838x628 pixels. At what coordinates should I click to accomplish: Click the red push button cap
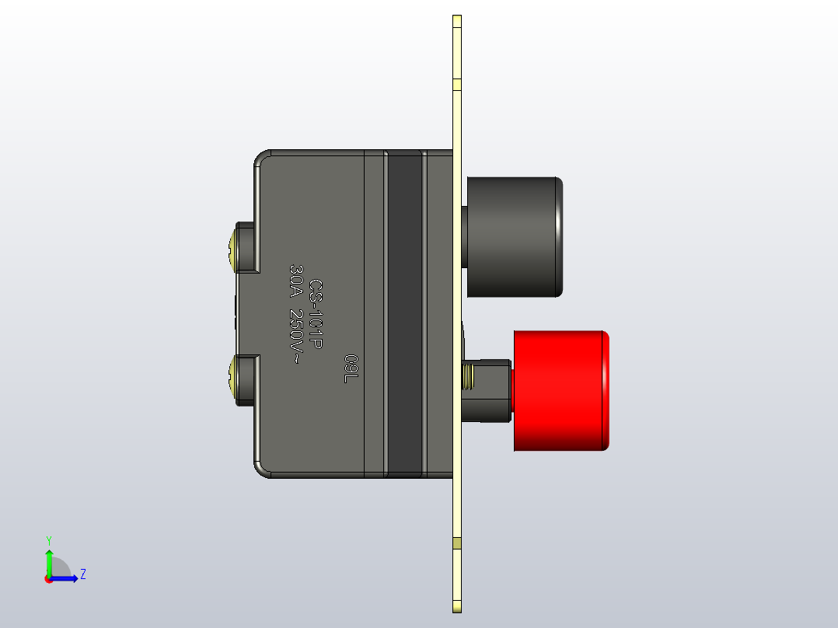pyautogui.click(x=560, y=390)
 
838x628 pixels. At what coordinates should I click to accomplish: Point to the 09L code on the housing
pyautogui.click(x=351, y=368)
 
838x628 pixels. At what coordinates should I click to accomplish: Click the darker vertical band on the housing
pyautogui.click(x=403, y=311)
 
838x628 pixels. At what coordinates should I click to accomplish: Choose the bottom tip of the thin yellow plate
pyautogui.click(x=457, y=608)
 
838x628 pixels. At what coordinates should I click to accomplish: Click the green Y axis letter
pyautogui.click(x=48, y=539)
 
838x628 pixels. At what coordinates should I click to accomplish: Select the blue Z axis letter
pyautogui.click(x=82, y=574)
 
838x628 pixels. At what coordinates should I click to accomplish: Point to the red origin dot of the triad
pyautogui.click(x=48, y=579)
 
